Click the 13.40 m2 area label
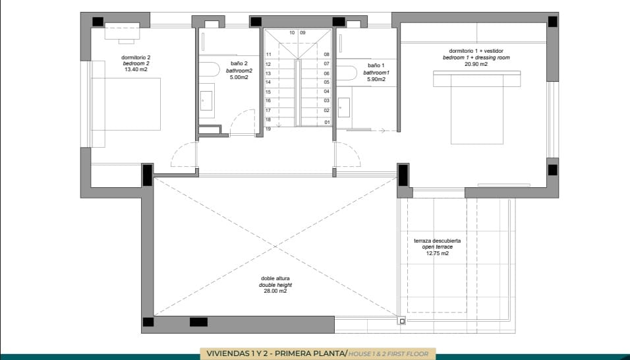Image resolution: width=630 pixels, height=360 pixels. (x=136, y=69)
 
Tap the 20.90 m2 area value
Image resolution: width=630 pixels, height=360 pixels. (x=476, y=64)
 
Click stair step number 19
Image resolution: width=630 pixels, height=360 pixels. (x=268, y=129)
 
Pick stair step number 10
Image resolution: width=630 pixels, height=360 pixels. (x=291, y=32)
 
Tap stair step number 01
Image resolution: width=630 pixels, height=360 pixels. (x=326, y=122)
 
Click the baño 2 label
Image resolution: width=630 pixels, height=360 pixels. (x=239, y=64)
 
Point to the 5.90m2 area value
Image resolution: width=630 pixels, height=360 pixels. (x=376, y=80)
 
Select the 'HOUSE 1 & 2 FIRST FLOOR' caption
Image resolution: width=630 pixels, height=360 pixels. (x=388, y=354)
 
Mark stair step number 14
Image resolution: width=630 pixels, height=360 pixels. (x=268, y=82)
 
